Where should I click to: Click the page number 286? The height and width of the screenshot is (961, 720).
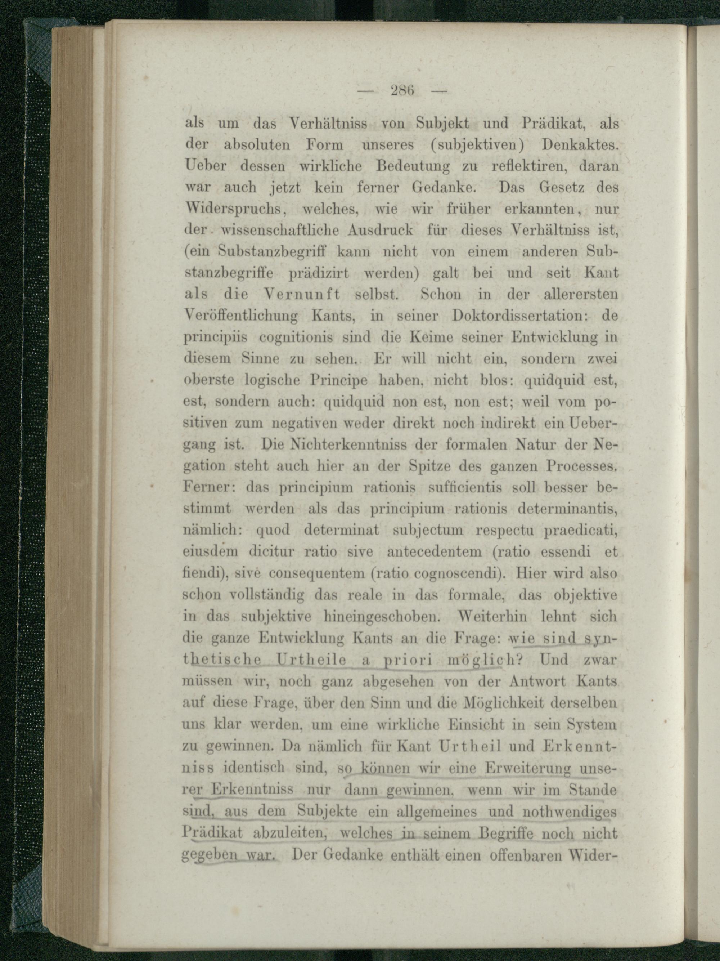coord(404,91)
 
